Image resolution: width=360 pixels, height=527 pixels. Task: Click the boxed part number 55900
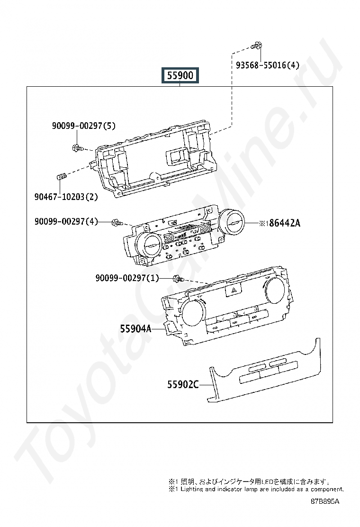point(180,75)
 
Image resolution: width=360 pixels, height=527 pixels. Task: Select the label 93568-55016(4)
point(267,65)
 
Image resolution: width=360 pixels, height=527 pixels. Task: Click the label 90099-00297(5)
point(84,126)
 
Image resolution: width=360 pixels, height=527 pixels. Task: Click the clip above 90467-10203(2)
point(62,177)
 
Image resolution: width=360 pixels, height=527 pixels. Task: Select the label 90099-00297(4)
point(66,221)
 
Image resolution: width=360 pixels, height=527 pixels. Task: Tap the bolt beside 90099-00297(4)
point(117,222)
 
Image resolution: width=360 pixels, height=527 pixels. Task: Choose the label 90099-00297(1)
point(127,278)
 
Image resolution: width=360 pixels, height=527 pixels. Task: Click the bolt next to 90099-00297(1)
point(178,279)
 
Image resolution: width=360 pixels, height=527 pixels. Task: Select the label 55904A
point(135,329)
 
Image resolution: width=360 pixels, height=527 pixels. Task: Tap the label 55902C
point(183,384)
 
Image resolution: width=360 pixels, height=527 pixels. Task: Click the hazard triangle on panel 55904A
point(233,291)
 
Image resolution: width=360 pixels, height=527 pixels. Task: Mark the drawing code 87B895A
point(325,501)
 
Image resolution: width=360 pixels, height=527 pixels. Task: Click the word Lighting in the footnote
point(192,490)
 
